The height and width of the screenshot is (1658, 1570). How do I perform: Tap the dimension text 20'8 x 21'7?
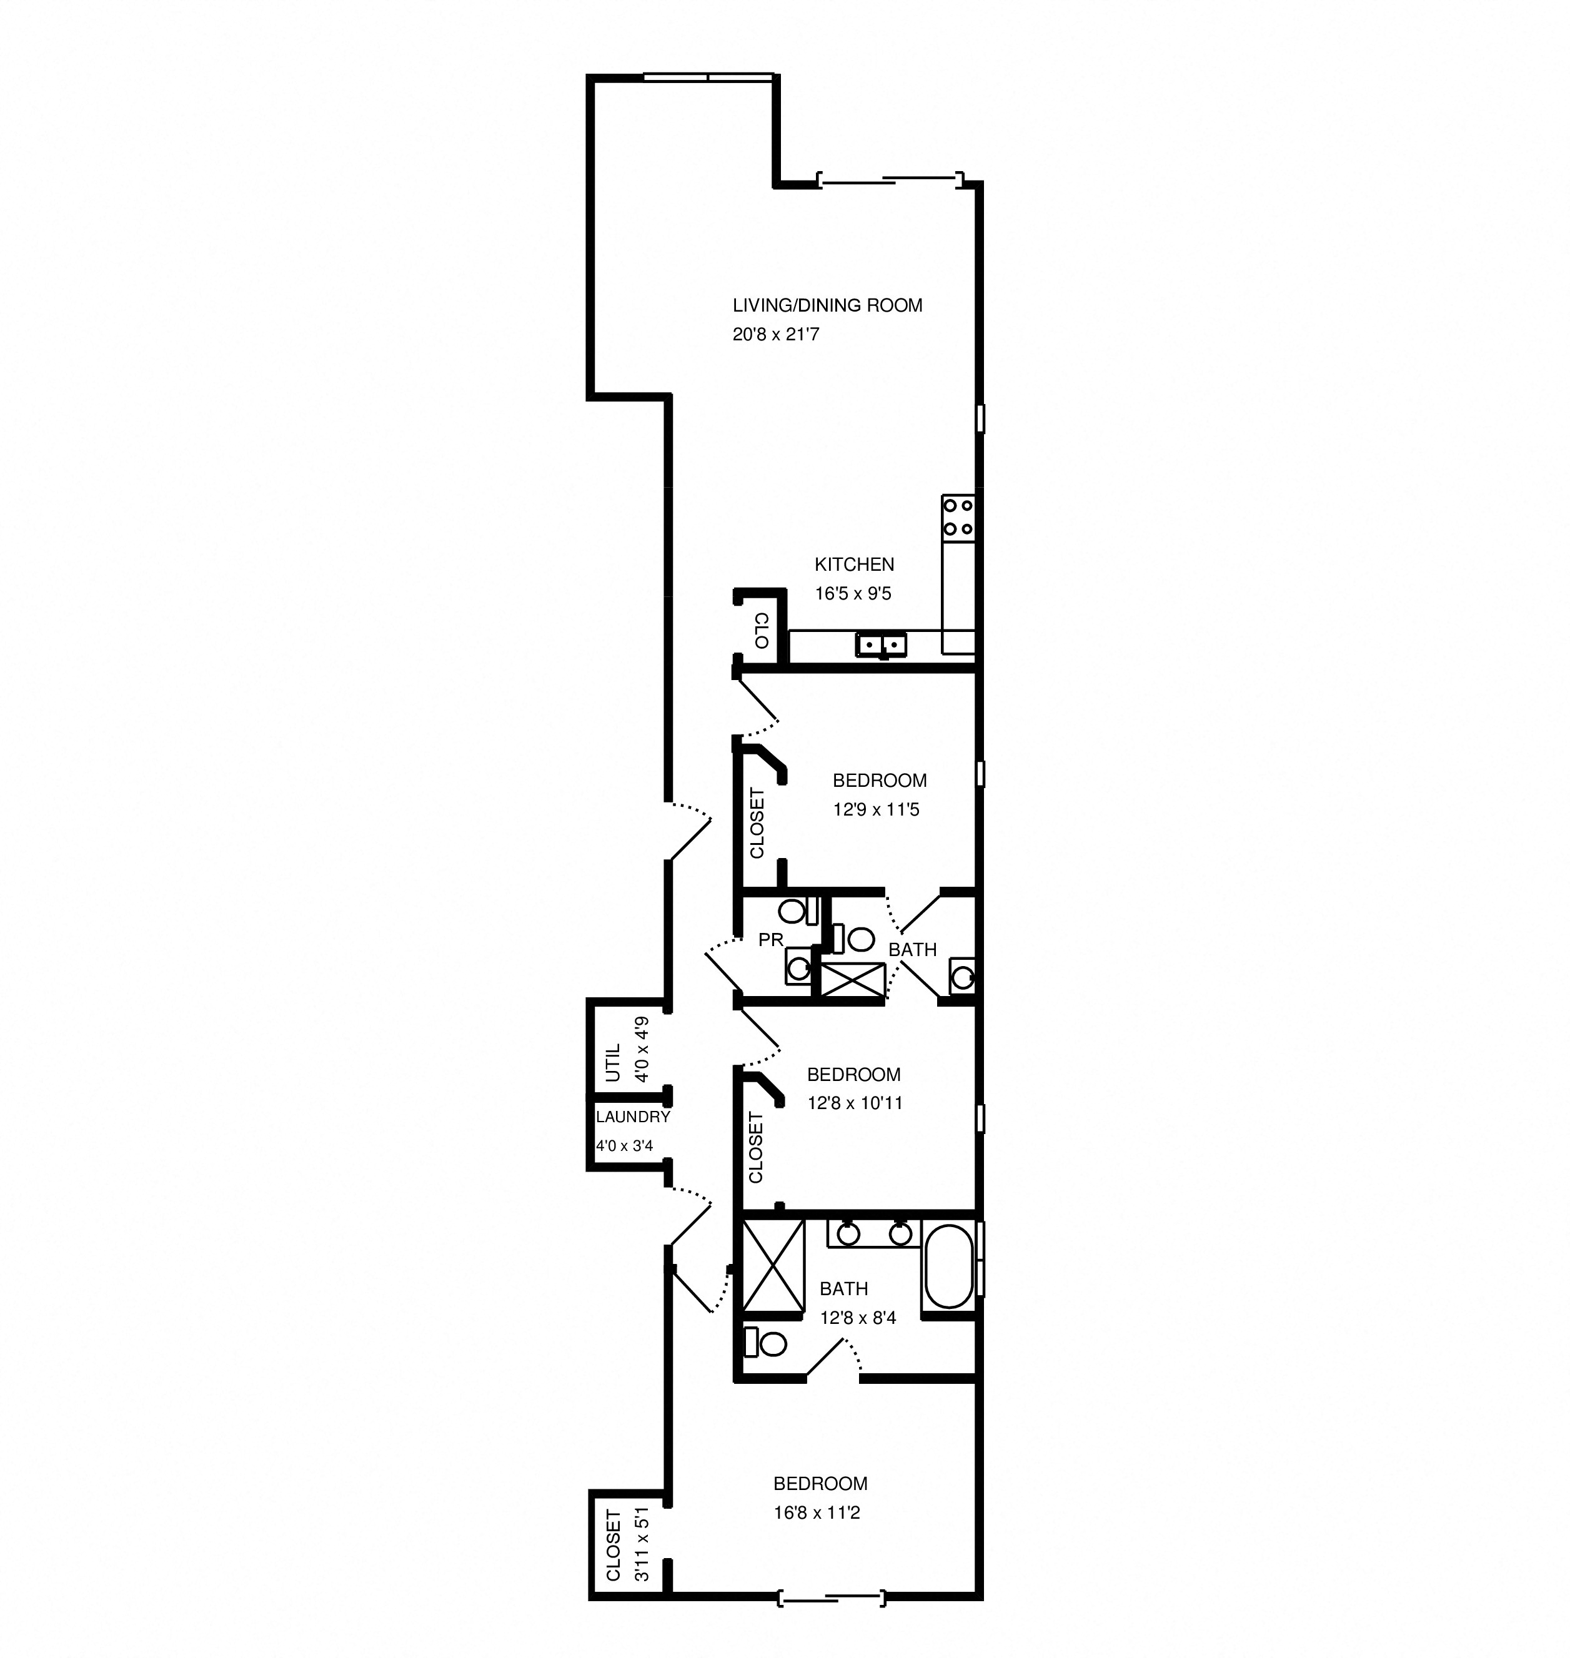click(x=776, y=335)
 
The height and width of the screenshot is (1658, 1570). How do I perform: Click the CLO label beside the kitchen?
click(x=761, y=631)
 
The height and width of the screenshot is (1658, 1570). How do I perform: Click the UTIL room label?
click(x=614, y=1062)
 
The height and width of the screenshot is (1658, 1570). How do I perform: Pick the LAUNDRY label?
click(x=633, y=1117)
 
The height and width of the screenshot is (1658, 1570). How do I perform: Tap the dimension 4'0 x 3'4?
click(x=624, y=1146)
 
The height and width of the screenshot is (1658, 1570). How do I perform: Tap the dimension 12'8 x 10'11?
click(x=855, y=1103)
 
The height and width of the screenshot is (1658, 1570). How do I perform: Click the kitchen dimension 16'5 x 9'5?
click(x=853, y=594)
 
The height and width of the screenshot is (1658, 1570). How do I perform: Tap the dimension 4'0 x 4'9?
click(x=642, y=1050)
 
